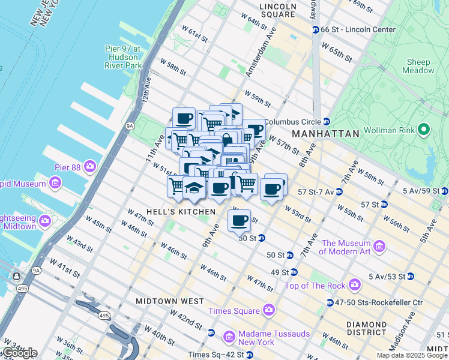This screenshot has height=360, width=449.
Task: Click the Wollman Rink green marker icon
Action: [x=424, y=130]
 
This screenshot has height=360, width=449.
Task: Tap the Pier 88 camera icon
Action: [x=90, y=166]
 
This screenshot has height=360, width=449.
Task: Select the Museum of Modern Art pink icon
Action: [x=379, y=247]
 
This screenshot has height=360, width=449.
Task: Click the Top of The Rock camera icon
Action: [x=355, y=284]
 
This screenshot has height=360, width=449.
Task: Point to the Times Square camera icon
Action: [x=268, y=310]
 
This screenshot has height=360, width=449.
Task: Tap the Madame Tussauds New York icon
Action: [x=228, y=338]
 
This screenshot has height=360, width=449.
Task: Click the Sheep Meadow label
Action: [x=418, y=66]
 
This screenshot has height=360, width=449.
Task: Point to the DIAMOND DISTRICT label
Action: [x=366, y=328]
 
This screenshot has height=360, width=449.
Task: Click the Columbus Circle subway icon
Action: [x=326, y=121]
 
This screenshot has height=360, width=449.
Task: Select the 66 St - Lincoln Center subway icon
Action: [x=315, y=29]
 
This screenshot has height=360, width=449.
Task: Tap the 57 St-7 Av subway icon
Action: [x=339, y=192]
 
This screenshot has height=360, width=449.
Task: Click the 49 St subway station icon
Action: [x=294, y=272]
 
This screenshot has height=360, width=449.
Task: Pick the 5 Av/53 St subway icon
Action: [x=411, y=277]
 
